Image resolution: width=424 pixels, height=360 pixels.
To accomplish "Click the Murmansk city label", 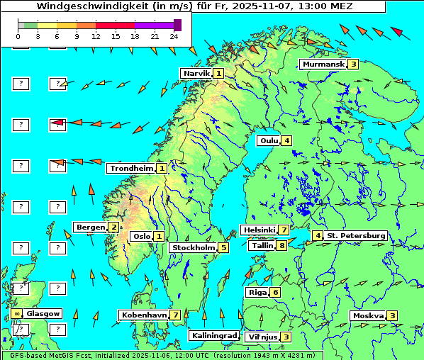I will pyautogui.click(x=323, y=64).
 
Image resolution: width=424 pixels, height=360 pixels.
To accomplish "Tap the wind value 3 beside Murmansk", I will pyautogui.click(x=352, y=64).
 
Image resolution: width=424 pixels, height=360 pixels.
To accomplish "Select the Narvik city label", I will pyautogui.click(x=196, y=73).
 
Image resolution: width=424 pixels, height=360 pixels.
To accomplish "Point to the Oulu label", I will pyautogui.click(x=269, y=140).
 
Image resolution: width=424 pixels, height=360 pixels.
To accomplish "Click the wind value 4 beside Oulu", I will pyautogui.click(x=286, y=140).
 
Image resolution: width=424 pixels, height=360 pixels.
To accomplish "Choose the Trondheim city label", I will pyautogui.click(x=131, y=169).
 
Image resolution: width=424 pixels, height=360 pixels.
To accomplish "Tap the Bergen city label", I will pyautogui.click(x=90, y=227).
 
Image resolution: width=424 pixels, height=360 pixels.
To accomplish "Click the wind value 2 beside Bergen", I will pyautogui.click(x=113, y=227).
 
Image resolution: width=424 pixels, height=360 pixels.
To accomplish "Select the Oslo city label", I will pyautogui.click(x=141, y=237).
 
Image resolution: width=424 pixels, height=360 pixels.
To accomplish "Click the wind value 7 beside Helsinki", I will pyautogui.click(x=283, y=230).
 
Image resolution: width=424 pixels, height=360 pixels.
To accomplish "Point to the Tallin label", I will pyautogui.click(x=262, y=246).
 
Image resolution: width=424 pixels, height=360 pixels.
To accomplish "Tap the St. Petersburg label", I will pyautogui.click(x=356, y=235).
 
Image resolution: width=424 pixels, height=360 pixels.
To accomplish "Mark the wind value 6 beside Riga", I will pyautogui.click(x=275, y=292).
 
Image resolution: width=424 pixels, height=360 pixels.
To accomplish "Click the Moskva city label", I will pyautogui.click(x=368, y=316).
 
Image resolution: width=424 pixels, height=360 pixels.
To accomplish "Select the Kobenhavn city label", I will pyautogui.click(x=144, y=315).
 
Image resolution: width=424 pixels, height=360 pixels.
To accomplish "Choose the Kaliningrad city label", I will pyautogui.click(x=213, y=336).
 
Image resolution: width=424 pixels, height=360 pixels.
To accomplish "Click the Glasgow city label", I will pyautogui.click(x=43, y=313).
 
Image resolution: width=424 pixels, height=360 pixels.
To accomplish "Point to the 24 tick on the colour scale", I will pyautogui.click(x=174, y=35).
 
